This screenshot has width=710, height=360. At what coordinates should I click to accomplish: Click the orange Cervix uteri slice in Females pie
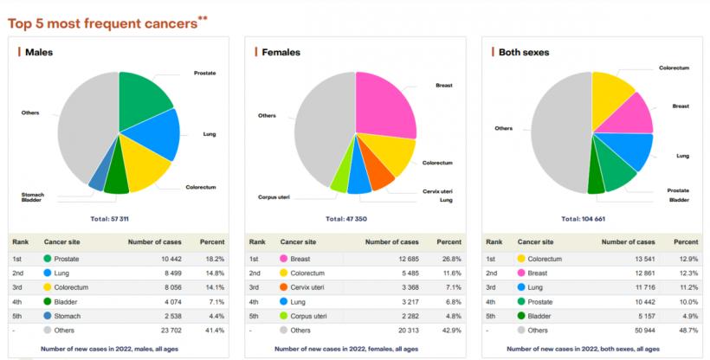click(x=380, y=172)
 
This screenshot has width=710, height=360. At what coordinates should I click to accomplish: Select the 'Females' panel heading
click(x=281, y=52)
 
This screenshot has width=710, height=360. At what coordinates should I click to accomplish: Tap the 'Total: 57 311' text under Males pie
click(x=114, y=218)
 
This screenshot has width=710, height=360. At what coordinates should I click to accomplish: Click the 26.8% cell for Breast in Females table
click(x=449, y=259)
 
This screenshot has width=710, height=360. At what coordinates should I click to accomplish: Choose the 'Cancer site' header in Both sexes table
click(x=535, y=242)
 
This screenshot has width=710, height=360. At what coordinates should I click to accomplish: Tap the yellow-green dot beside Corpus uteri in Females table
click(x=282, y=316)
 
